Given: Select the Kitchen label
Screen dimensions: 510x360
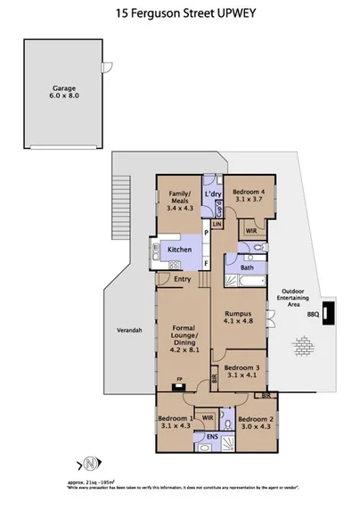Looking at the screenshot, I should click(x=179, y=250).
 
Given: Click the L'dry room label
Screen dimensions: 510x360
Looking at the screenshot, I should click(x=213, y=193).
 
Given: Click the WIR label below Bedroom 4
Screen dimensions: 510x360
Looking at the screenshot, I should click(x=250, y=229).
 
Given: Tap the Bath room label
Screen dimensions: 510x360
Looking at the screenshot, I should click(x=247, y=267).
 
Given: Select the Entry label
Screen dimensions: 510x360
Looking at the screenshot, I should click(x=182, y=280).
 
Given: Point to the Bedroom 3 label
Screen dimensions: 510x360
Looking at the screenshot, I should click(x=241, y=372).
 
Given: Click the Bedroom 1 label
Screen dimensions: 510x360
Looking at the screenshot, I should click(x=176, y=423).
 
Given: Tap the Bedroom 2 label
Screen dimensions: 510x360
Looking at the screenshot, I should click(x=254, y=423).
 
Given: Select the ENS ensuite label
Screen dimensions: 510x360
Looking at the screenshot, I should click(x=212, y=438).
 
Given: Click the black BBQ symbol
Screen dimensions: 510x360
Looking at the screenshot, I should click(x=328, y=313).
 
